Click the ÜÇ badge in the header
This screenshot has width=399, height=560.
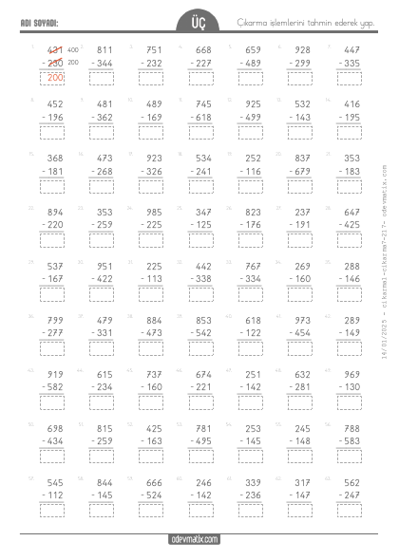pos(198,23)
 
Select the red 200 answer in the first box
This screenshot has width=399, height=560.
pos(55,77)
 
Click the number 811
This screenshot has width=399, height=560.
pos(104,49)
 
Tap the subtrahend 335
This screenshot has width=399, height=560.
pos(350,64)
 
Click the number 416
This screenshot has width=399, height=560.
pos(351,104)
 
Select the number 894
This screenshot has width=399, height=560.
pos(55,213)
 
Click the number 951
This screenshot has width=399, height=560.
pos(104,267)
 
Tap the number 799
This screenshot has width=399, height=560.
pos(55,321)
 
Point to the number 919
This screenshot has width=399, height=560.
pos(55,375)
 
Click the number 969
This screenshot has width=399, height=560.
pos(351,375)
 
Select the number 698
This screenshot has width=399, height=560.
pos(55,429)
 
